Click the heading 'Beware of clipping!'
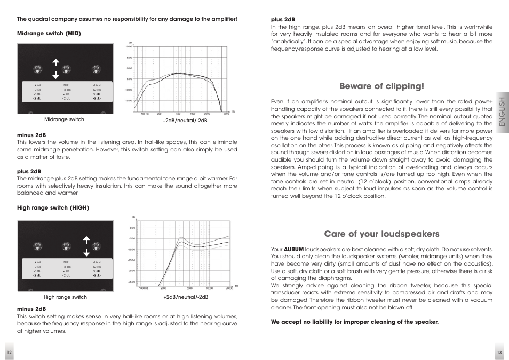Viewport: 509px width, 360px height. (x=381, y=86)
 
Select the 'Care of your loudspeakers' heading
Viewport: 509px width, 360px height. (x=381, y=234)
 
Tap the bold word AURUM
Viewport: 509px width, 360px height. (x=293, y=249)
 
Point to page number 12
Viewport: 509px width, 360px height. (x=9, y=353)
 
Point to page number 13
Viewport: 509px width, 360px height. (x=499, y=353)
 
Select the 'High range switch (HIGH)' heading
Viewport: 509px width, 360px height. (x=53, y=207)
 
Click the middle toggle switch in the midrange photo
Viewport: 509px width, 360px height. (x=66, y=69)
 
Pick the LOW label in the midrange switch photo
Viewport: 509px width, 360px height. (x=37, y=85)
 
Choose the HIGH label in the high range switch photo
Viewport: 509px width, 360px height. (x=96, y=262)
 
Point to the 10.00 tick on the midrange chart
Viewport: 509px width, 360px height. (x=129, y=47)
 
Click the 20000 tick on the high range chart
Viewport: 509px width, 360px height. (x=229, y=288)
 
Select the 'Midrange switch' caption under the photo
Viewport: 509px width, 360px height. (x=64, y=119)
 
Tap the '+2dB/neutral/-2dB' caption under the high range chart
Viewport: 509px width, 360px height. (x=185, y=297)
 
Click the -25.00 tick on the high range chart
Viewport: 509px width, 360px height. (x=131, y=282)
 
